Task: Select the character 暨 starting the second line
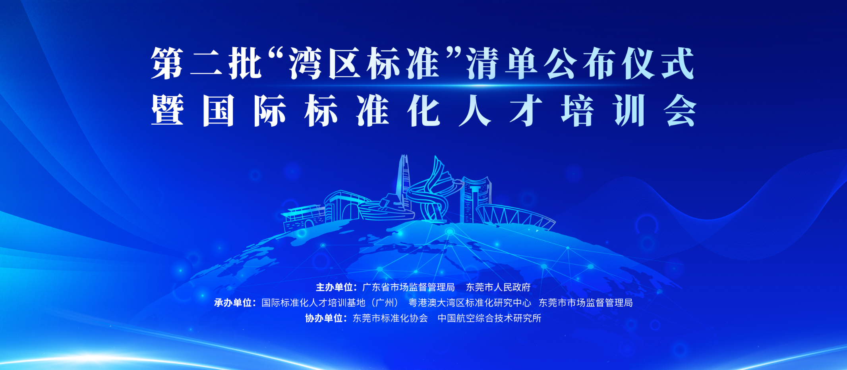pos(167,110)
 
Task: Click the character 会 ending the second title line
pos(680,110)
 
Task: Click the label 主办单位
pos(335,287)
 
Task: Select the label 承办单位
pos(233,303)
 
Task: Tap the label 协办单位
pos(324,318)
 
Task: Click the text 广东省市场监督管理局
pos(408,287)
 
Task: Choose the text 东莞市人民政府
pos(498,287)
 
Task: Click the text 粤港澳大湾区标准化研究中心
pos(470,303)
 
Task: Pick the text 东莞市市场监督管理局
pos(586,303)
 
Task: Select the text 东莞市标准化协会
pos(390,318)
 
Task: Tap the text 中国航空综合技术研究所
pos(489,318)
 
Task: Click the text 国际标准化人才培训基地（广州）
pos(331,303)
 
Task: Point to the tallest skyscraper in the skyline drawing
pos(404,183)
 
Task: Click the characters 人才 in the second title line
pos(501,110)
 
